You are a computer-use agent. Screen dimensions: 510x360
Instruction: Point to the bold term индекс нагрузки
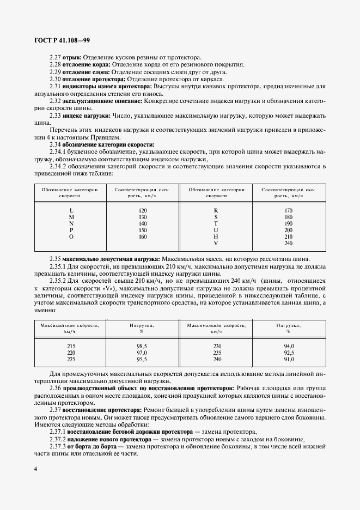coord(87,116)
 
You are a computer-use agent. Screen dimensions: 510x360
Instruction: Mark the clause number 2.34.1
coord(59,152)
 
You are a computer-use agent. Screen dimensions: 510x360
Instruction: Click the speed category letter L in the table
coord(71,210)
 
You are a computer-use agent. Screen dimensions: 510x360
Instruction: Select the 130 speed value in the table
coord(143,217)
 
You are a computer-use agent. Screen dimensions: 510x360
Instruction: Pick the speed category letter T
coord(216,223)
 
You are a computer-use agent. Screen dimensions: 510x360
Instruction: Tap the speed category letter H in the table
coord(216,236)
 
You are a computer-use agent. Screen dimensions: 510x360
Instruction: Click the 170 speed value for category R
coord(289,210)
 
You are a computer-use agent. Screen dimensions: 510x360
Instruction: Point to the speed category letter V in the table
coord(216,243)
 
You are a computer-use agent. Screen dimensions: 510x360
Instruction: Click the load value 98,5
coord(143,347)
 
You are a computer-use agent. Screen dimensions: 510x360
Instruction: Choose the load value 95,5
coord(143,360)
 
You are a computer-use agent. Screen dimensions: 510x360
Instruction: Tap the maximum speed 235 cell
coord(217,353)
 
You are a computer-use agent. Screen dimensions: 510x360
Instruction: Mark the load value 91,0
coord(289,360)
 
